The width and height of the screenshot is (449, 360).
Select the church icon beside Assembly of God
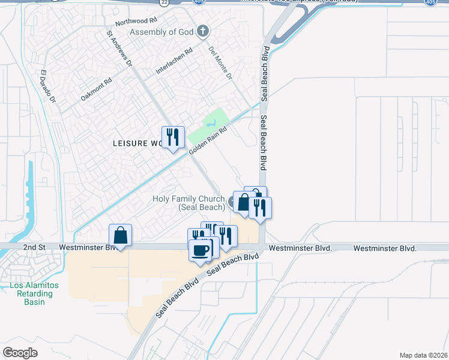pos(203,31)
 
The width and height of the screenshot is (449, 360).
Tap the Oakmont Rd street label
pos(96,90)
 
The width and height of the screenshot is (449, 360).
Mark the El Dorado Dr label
pos(48,88)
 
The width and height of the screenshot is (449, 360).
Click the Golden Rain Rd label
pos(208,140)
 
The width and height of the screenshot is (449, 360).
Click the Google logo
pos(20,352)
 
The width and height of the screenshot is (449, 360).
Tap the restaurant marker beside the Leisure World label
pos(173,137)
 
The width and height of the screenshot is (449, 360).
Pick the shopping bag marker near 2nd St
pos(120,235)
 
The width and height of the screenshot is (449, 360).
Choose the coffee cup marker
pos(200,249)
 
